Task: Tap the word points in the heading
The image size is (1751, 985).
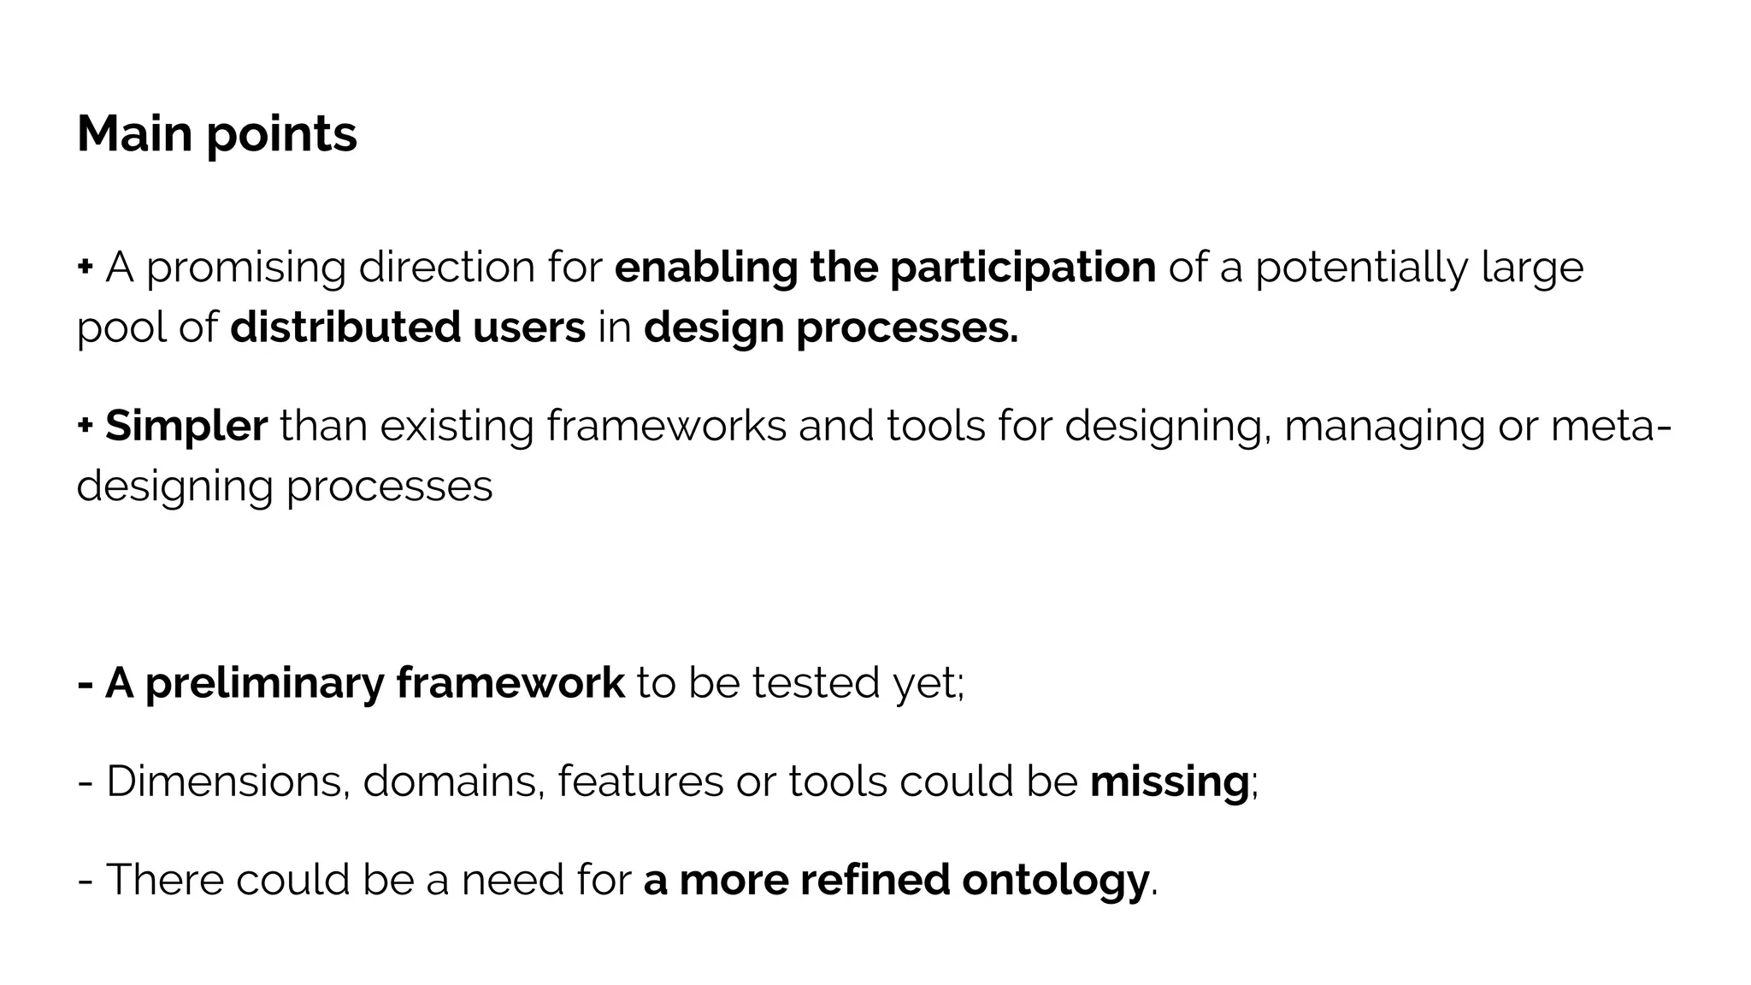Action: coord(281,137)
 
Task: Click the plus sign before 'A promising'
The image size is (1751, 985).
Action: coord(85,267)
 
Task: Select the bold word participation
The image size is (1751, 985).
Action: coord(1023,268)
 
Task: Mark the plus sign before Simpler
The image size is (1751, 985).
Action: coord(85,425)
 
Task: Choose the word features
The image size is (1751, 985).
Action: coord(640,781)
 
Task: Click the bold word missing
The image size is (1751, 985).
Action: coord(1169,782)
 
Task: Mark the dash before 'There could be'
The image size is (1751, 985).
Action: coord(85,881)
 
